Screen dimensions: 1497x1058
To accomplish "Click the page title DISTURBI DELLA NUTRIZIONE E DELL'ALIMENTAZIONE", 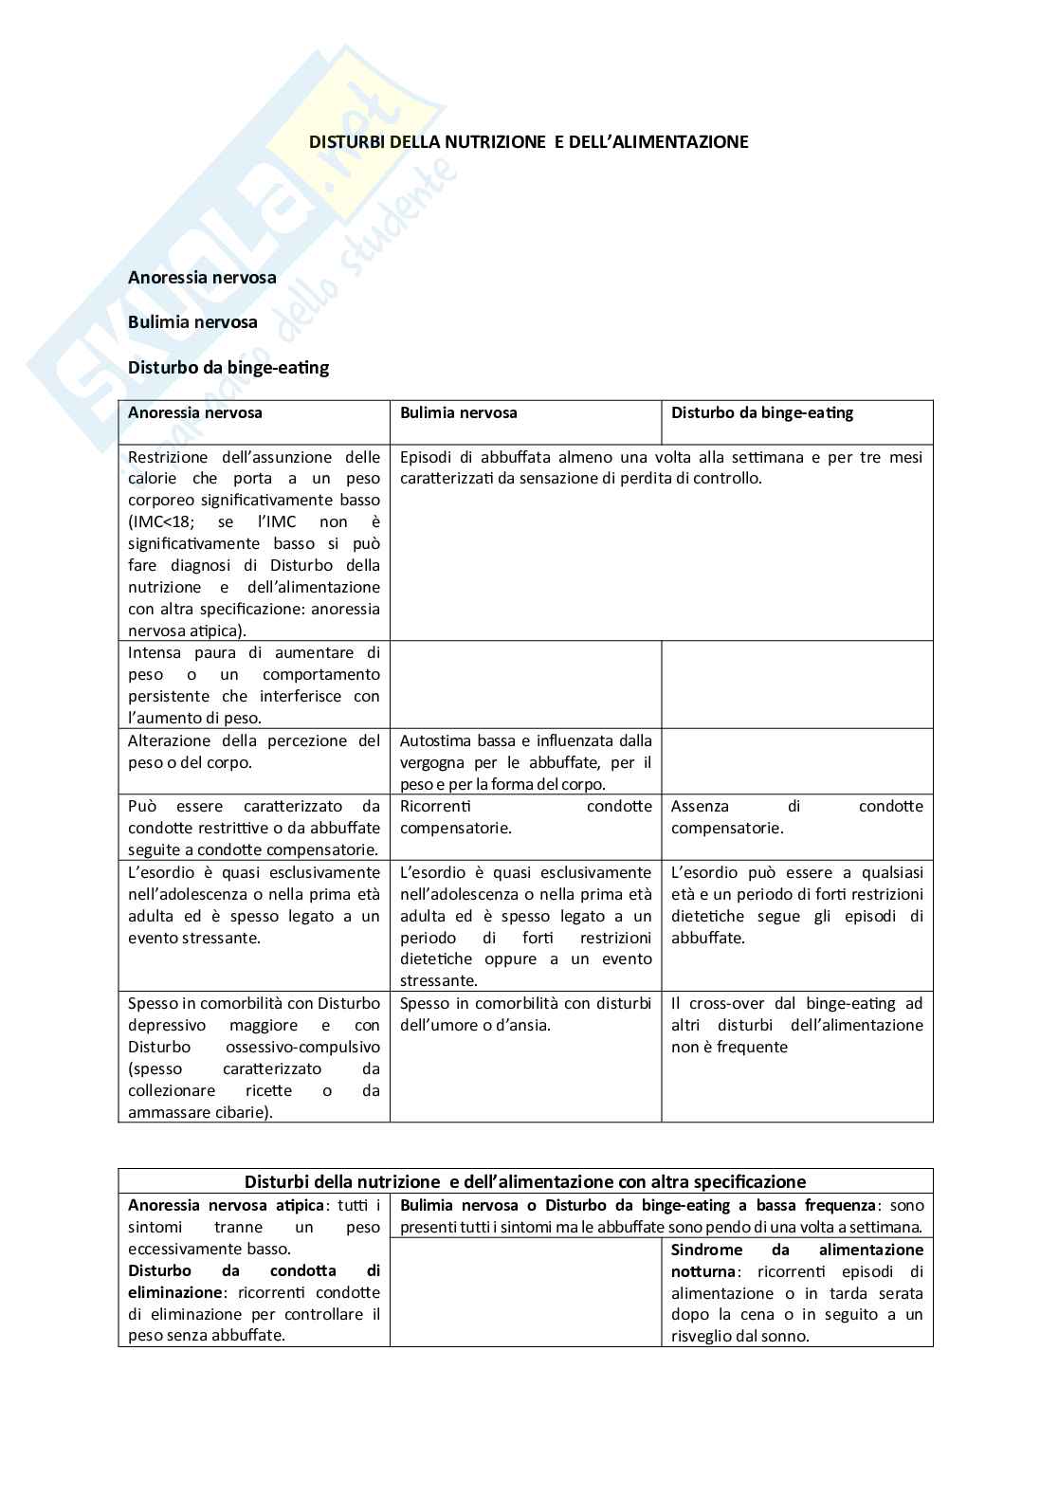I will tap(529, 142).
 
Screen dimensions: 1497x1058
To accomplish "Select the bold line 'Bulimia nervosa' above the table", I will tap(192, 322).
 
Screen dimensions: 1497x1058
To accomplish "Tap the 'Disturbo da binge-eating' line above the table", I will tap(228, 367).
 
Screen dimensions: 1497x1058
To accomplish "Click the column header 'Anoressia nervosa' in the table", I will tap(195, 413).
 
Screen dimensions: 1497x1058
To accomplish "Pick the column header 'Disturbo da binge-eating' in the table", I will tap(762, 413).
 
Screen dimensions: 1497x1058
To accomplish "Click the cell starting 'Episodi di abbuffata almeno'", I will tap(661, 468).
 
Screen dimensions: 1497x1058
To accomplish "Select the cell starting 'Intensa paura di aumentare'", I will tap(254, 685).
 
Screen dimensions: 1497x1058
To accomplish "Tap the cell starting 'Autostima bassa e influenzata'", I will tap(525, 762).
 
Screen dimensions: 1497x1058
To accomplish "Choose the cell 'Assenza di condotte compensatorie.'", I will tap(796, 817).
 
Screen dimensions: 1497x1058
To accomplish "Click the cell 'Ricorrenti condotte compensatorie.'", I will tap(525, 817).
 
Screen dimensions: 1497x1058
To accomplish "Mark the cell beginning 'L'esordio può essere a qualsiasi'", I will tap(796, 904).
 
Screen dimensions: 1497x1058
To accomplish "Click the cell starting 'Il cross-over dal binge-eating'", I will tap(796, 1025).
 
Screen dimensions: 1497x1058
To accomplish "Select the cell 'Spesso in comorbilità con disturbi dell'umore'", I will tap(525, 1013).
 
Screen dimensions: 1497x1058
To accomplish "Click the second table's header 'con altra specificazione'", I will tap(524, 1182).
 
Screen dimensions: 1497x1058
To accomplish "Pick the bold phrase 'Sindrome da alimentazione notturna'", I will tap(796, 1261).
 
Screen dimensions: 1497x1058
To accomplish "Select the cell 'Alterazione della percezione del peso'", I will tap(254, 752).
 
